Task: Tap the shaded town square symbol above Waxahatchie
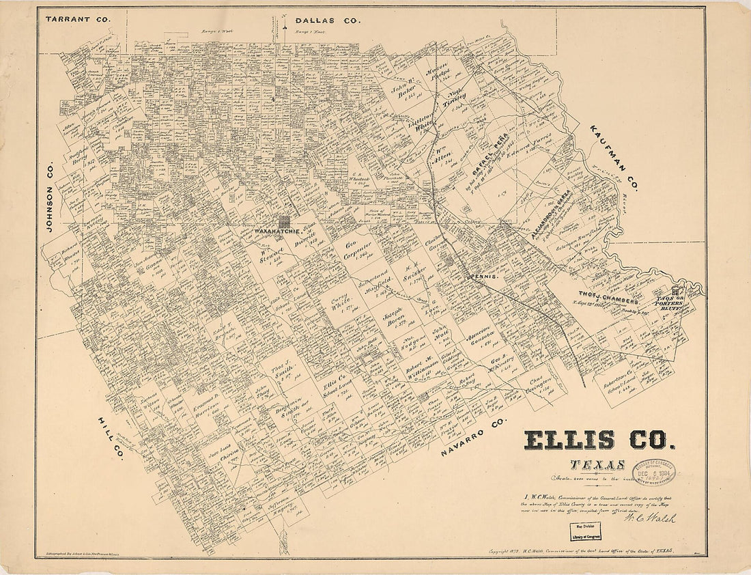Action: pyautogui.click(x=283, y=221)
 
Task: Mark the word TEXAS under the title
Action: pyautogui.click(x=597, y=466)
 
